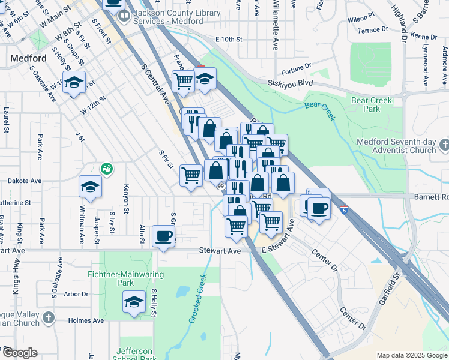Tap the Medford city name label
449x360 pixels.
(x=28, y=58)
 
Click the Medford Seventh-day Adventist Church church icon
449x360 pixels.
(x=444, y=145)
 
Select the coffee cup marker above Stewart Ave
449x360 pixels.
(x=163, y=235)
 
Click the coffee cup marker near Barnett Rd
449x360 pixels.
(x=318, y=207)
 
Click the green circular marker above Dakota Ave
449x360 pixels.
(x=107, y=169)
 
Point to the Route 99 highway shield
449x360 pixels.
(x=221, y=187)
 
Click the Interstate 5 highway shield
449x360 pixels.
(x=343, y=210)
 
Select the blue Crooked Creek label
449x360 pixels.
(x=197, y=299)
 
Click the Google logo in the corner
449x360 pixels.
(x=20, y=353)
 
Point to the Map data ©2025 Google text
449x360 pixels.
(x=411, y=355)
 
